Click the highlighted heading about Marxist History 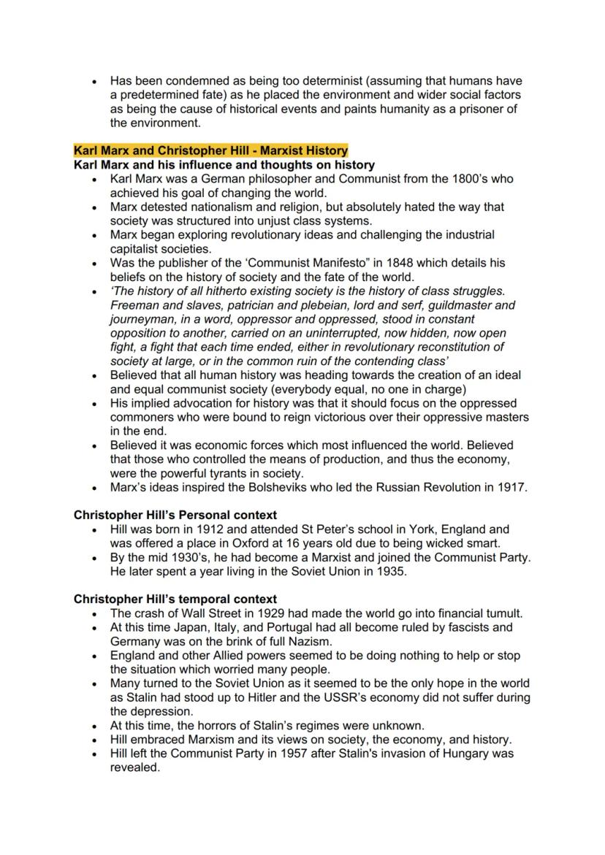pyautogui.click(x=210, y=150)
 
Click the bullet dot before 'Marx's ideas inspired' pyautogui.click(x=94, y=488)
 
